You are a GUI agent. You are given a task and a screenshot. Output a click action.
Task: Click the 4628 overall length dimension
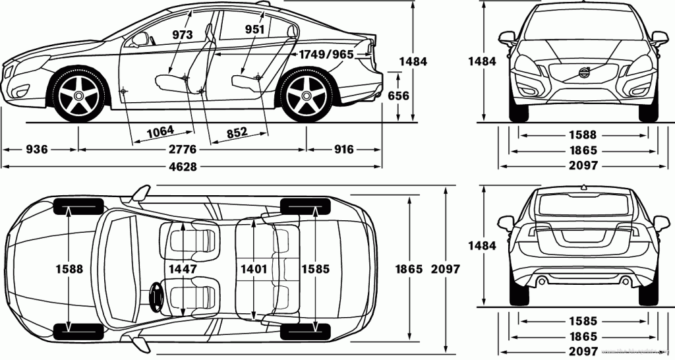click(183, 167)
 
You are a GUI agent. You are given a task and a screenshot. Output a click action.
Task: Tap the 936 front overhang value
click(37, 150)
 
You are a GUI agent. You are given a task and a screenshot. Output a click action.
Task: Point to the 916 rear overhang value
click(343, 150)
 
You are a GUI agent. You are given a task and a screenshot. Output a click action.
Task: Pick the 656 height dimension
click(398, 96)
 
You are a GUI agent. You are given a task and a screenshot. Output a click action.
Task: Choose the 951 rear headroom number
click(254, 29)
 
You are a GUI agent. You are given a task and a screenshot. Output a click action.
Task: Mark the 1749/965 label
click(326, 54)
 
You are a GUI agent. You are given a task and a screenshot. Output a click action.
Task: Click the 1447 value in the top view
click(183, 269)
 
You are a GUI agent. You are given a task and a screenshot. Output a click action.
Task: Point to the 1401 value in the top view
click(253, 269)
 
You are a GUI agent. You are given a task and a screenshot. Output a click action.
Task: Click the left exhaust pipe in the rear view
click(542, 282)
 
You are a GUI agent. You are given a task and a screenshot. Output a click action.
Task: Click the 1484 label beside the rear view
click(482, 245)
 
